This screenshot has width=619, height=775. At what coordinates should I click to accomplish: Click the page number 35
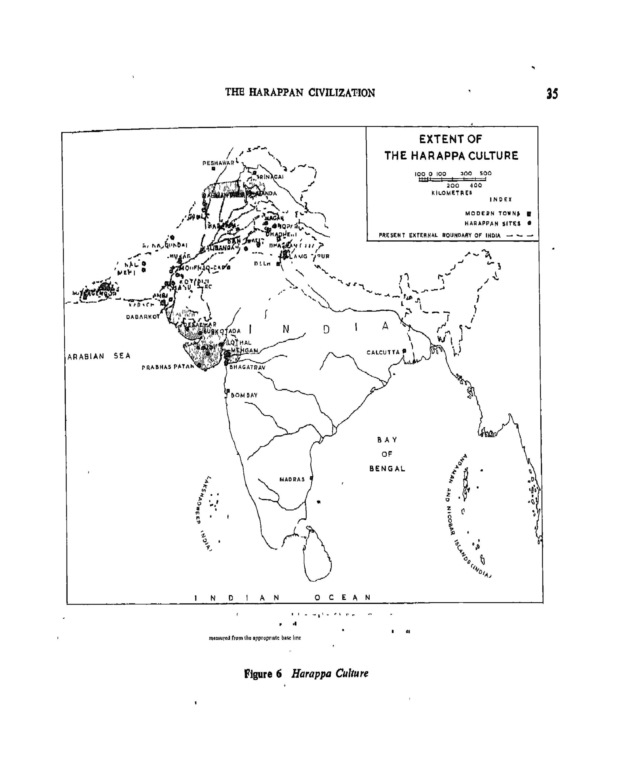(x=552, y=93)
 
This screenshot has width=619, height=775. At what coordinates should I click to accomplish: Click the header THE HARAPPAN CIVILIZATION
(x=300, y=93)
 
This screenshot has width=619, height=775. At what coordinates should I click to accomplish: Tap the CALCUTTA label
(x=383, y=352)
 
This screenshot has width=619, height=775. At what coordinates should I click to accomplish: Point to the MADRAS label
(x=292, y=479)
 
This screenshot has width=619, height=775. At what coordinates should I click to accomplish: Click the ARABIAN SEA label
(x=99, y=356)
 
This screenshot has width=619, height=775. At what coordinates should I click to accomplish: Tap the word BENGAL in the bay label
(x=387, y=469)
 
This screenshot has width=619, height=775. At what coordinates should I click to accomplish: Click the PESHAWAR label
(x=218, y=163)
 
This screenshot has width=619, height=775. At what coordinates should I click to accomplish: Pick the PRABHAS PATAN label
(x=167, y=367)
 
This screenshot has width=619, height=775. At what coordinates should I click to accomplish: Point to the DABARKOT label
(x=143, y=317)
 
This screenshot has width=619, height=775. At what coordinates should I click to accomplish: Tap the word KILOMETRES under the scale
(x=452, y=193)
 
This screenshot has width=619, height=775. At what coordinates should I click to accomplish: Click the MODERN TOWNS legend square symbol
(x=529, y=213)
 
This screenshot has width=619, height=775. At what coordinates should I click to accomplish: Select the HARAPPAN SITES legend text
(x=492, y=223)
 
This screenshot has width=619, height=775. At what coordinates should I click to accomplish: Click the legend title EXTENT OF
(x=451, y=139)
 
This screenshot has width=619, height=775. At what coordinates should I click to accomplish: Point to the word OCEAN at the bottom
(x=342, y=598)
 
